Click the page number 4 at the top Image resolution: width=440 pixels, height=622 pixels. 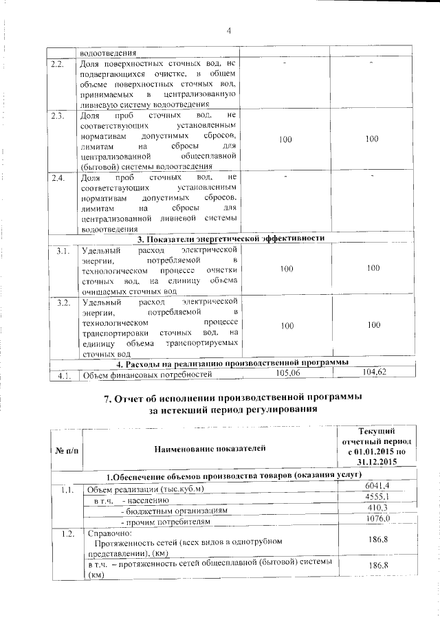coord(230,29)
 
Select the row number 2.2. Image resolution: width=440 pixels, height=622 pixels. coord(59,64)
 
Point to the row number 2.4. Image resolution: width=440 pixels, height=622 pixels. coord(59,179)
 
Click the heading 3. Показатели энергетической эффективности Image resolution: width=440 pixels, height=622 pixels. coord(231,238)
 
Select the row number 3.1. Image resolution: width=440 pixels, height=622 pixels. coord(63,249)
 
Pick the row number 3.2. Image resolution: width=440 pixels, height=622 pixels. coord(63,302)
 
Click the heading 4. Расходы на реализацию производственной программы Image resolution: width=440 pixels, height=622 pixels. coord(232,362)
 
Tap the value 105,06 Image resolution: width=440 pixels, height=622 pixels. coord(289,373)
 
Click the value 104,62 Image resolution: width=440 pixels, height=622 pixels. coord(373,372)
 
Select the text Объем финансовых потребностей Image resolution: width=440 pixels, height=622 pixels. coord(147,375)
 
